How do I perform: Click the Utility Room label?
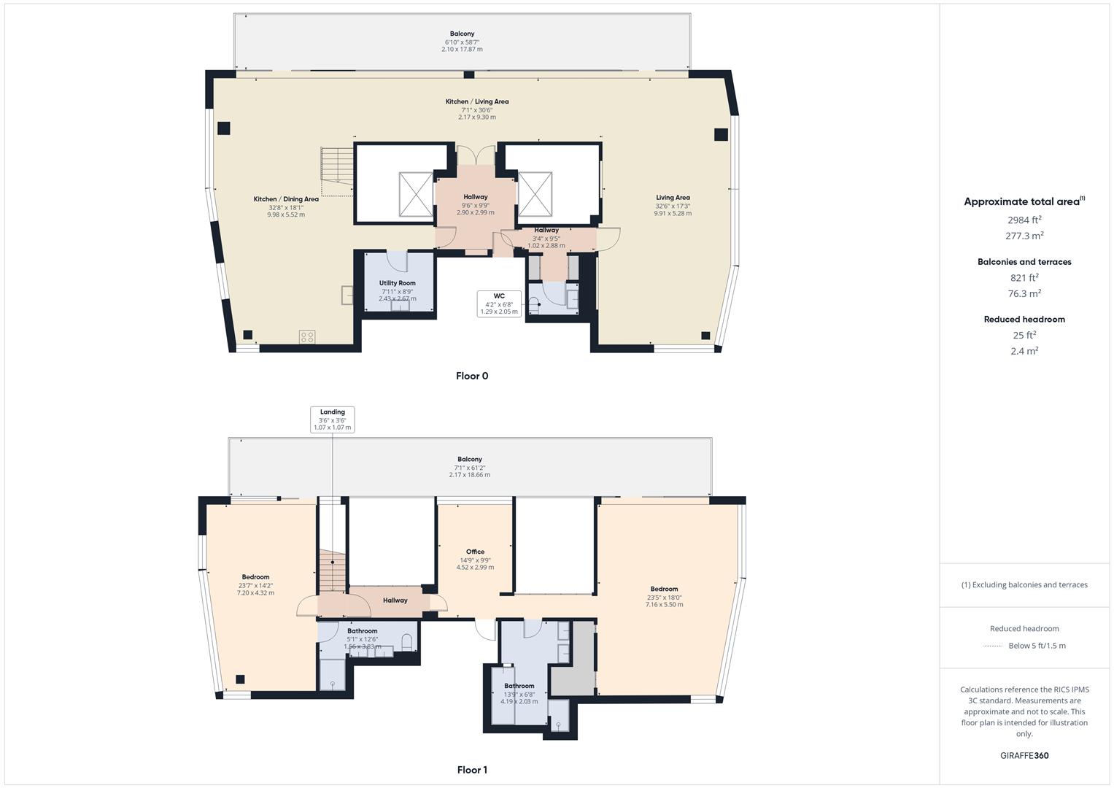[x=397, y=283]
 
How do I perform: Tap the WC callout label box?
[x=499, y=304]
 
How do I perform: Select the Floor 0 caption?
[x=472, y=376]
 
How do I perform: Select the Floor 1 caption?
[x=472, y=770]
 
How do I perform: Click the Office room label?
[x=475, y=552]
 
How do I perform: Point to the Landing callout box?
[x=332, y=420]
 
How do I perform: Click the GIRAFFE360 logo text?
[x=1024, y=756]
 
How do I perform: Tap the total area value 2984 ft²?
[x=1024, y=220]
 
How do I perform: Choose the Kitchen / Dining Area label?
[x=286, y=199]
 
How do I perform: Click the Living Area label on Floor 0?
[x=673, y=198]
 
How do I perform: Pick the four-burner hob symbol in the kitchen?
[x=307, y=337]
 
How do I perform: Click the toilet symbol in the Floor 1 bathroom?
[x=407, y=641]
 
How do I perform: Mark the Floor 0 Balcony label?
[x=462, y=34]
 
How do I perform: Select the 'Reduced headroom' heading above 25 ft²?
[x=1024, y=320]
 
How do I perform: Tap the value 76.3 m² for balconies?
[x=1024, y=294]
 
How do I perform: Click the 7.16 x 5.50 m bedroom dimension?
[x=664, y=605]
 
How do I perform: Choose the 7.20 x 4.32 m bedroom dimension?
[x=255, y=593]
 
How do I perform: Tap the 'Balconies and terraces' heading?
[x=1024, y=262]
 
